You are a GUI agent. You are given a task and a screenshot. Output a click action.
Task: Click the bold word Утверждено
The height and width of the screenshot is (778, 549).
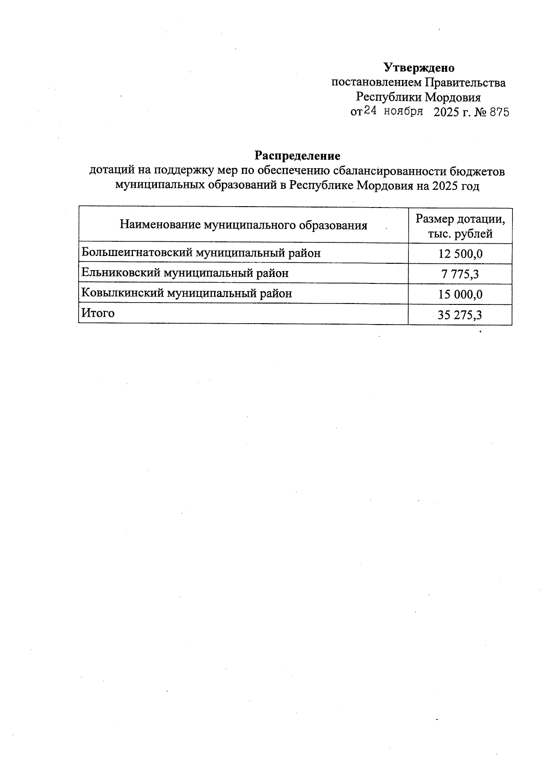(x=419, y=68)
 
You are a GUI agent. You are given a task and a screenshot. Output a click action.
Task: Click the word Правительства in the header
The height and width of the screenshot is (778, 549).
(x=465, y=83)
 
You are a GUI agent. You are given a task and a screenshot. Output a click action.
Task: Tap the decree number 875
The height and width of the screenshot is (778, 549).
(x=499, y=112)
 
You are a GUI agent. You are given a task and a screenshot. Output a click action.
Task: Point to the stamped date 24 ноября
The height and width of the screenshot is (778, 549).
(x=393, y=112)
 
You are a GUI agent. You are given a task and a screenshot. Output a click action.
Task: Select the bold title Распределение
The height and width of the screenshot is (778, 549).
(x=297, y=156)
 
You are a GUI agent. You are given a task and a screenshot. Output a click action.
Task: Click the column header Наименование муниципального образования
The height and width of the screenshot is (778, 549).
(x=243, y=225)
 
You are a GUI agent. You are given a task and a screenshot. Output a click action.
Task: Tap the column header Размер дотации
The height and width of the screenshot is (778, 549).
(x=460, y=219)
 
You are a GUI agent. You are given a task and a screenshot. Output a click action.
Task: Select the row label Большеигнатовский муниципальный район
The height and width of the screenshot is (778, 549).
(x=201, y=253)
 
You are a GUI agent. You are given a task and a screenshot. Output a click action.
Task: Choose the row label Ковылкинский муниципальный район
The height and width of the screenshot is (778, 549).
(x=186, y=293)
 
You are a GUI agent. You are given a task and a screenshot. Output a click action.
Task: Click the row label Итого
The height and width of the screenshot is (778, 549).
(x=98, y=313)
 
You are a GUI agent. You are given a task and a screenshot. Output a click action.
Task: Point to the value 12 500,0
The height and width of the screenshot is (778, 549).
(x=460, y=254)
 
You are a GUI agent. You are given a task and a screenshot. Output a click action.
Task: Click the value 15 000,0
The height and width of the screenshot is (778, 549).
(x=460, y=294)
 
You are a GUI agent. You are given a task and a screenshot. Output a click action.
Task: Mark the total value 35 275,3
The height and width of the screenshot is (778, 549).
(x=460, y=315)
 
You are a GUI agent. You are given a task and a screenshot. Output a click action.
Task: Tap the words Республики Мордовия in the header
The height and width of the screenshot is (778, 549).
(x=418, y=97)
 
